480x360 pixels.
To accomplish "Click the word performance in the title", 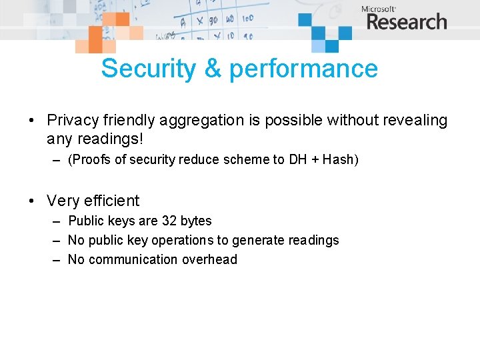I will pos(303,69).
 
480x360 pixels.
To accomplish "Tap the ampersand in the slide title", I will pos(213,69).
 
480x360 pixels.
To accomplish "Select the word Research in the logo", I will pos(407,22).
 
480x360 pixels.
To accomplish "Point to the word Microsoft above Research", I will pos(379,9).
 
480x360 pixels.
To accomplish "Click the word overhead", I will pos(210,259).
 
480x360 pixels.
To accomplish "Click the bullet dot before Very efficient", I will pos(31,201).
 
